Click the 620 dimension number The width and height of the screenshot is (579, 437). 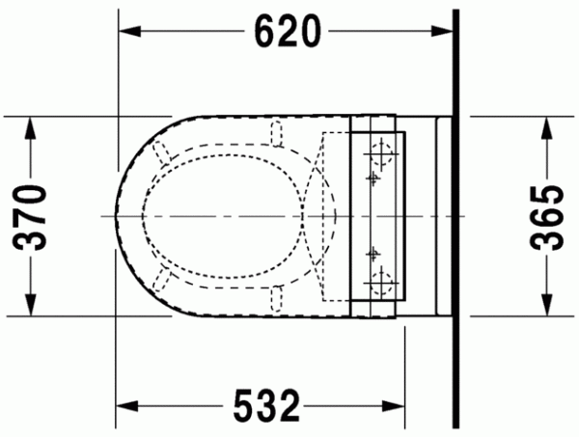(x=288, y=32)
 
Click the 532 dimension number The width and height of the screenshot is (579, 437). (x=266, y=406)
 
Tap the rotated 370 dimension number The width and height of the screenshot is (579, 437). (x=30, y=218)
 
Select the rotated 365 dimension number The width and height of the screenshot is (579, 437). (x=547, y=217)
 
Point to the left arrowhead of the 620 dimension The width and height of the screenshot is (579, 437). (x=130, y=32)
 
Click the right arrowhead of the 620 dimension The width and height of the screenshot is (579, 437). (x=442, y=32)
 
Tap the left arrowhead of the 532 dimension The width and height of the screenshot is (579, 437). (x=127, y=406)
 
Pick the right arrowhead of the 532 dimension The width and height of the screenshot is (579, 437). (x=394, y=406)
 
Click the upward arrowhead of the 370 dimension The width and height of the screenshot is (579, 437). (x=31, y=127)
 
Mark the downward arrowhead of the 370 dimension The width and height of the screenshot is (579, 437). (x=31, y=305)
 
